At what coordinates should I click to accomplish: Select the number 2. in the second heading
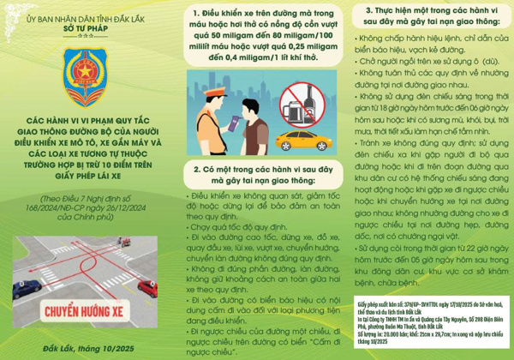click(x=200, y=170)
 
